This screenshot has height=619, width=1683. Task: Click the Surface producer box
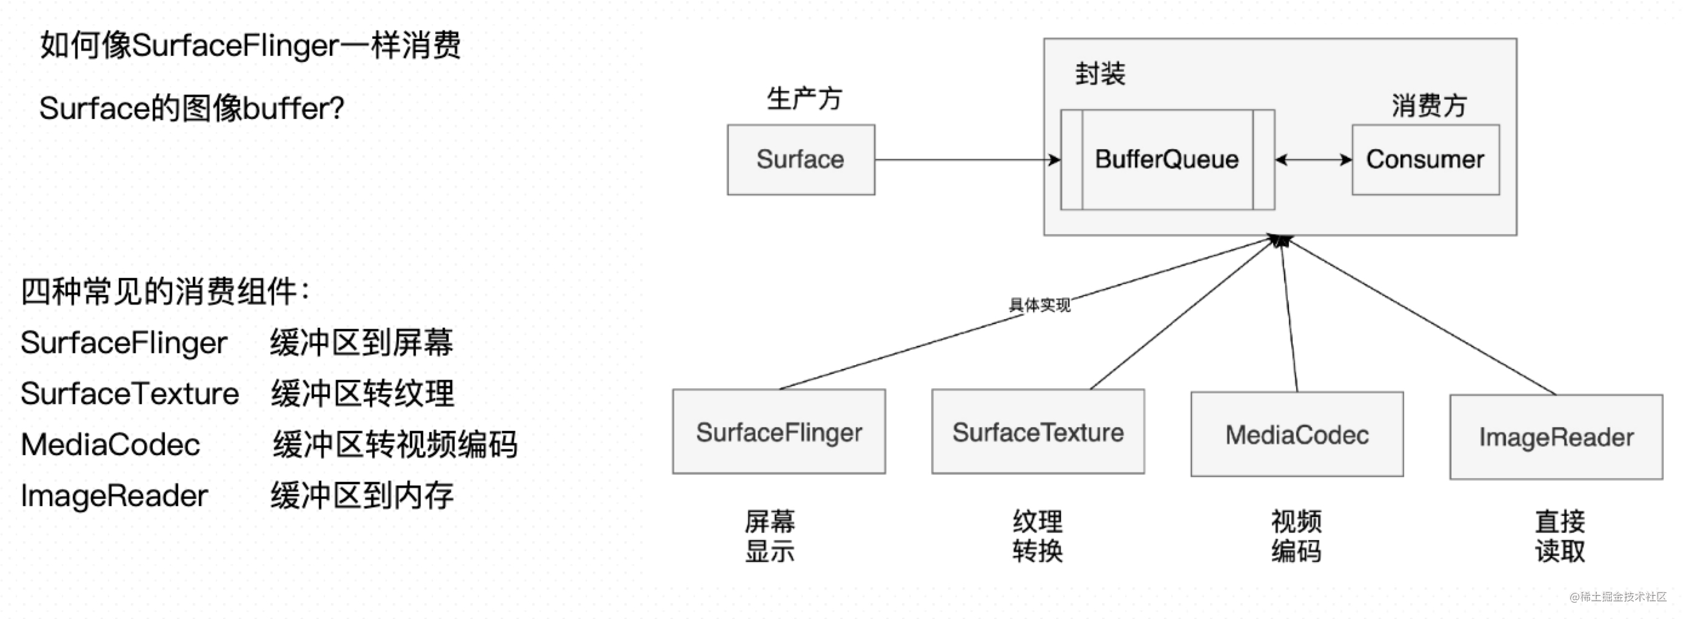click(x=800, y=160)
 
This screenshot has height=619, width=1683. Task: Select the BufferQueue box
click(x=1167, y=160)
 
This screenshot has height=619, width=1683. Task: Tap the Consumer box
click(x=1425, y=160)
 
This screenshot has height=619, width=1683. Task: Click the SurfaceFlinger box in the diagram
click(x=779, y=432)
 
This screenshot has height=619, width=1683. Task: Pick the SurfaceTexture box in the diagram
click(x=1037, y=432)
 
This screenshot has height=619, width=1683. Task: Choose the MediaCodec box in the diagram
click(x=1296, y=435)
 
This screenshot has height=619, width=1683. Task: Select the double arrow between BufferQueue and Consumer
click(x=1313, y=160)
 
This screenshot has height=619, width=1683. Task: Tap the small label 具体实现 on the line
click(x=1040, y=305)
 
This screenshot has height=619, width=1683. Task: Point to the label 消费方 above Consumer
click(x=1429, y=106)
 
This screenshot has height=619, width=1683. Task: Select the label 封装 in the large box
click(x=1100, y=74)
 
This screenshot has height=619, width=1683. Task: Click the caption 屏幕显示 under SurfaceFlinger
click(x=769, y=536)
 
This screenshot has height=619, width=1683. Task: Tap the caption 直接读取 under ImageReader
click(x=1559, y=536)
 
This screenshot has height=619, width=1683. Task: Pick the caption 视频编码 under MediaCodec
click(x=1296, y=536)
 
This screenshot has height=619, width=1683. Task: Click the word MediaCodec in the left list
click(x=110, y=444)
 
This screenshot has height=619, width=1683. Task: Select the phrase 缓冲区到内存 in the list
click(x=362, y=495)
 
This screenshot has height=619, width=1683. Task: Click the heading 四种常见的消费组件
click(x=165, y=291)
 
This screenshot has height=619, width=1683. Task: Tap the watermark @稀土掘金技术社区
click(x=1618, y=597)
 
